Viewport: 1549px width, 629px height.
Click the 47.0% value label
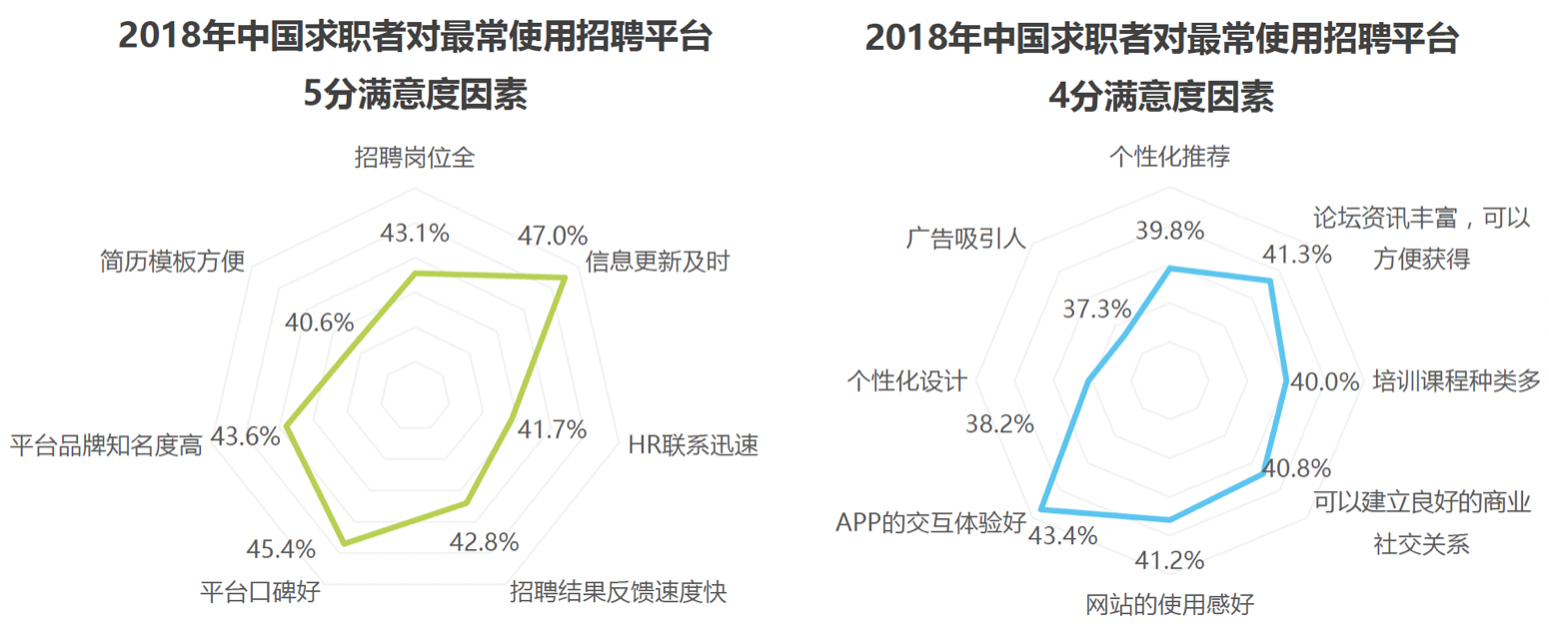coord(552,236)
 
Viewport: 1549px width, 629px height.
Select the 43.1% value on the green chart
coord(415,234)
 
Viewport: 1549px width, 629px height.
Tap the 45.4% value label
coord(281,549)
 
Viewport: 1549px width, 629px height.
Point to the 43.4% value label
coord(1063,536)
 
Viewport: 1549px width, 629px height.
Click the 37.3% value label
coord(1096,309)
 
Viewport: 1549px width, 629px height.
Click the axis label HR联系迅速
coord(692,445)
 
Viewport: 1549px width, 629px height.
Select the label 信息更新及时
coord(658,263)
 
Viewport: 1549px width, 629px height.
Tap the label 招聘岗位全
coord(415,158)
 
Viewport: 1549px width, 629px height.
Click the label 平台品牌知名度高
coord(106,445)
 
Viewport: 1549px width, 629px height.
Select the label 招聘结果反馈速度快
coord(618,592)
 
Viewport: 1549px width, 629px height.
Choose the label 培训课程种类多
coord(1457,381)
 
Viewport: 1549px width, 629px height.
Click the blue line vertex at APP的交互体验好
coord(1041,507)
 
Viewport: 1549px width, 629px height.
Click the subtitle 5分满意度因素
coord(415,97)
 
